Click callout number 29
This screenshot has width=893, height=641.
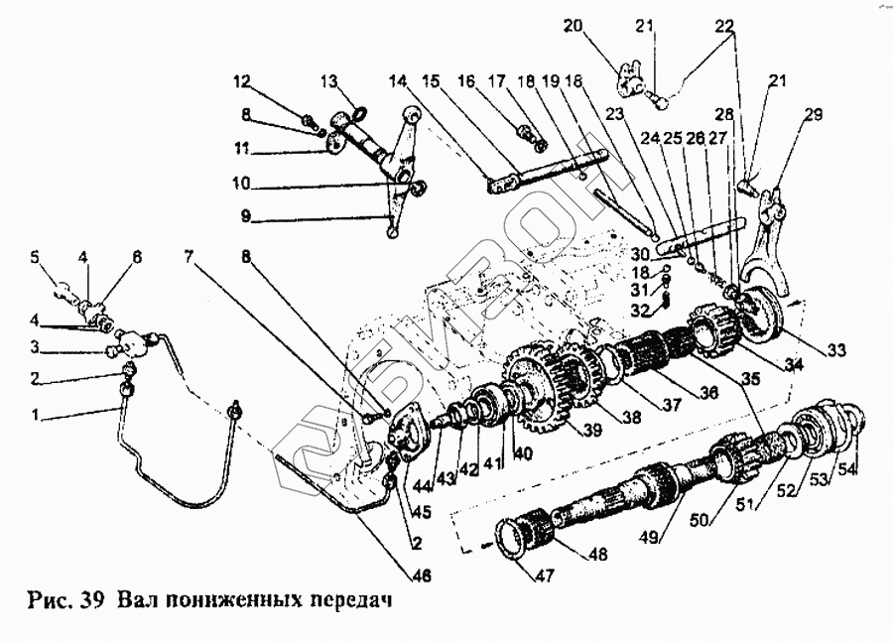pyautogui.click(x=814, y=116)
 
